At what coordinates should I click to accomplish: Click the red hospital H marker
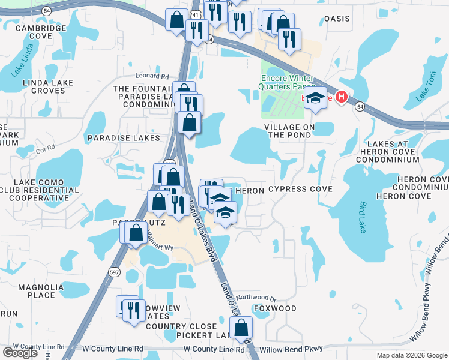tap(342, 97)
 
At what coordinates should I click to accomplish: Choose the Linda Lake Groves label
tap(47, 86)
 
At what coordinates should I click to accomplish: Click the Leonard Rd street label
tap(152, 76)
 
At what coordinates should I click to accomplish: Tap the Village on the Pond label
tap(290, 131)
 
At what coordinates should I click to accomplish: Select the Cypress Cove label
tap(300, 190)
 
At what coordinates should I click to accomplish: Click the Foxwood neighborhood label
tap(275, 308)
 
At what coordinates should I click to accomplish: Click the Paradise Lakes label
tap(124, 138)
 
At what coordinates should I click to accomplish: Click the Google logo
tap(20, 353)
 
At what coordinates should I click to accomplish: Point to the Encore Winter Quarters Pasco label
tap(286, 82)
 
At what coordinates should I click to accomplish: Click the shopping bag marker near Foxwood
tap(241, 328)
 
